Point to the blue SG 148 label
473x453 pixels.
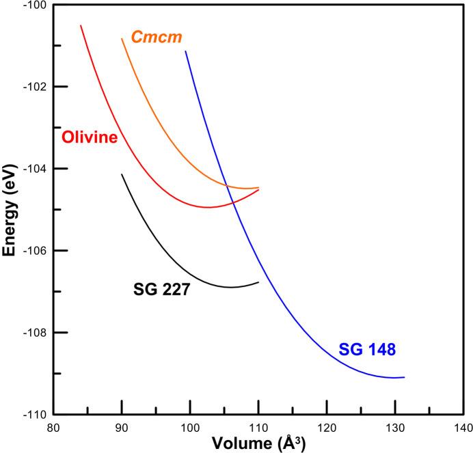click(368, 351)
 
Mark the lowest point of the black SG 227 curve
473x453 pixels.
click(230, 287)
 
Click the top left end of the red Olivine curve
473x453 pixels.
click(81, 25)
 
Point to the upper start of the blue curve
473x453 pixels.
click(185, 51)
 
